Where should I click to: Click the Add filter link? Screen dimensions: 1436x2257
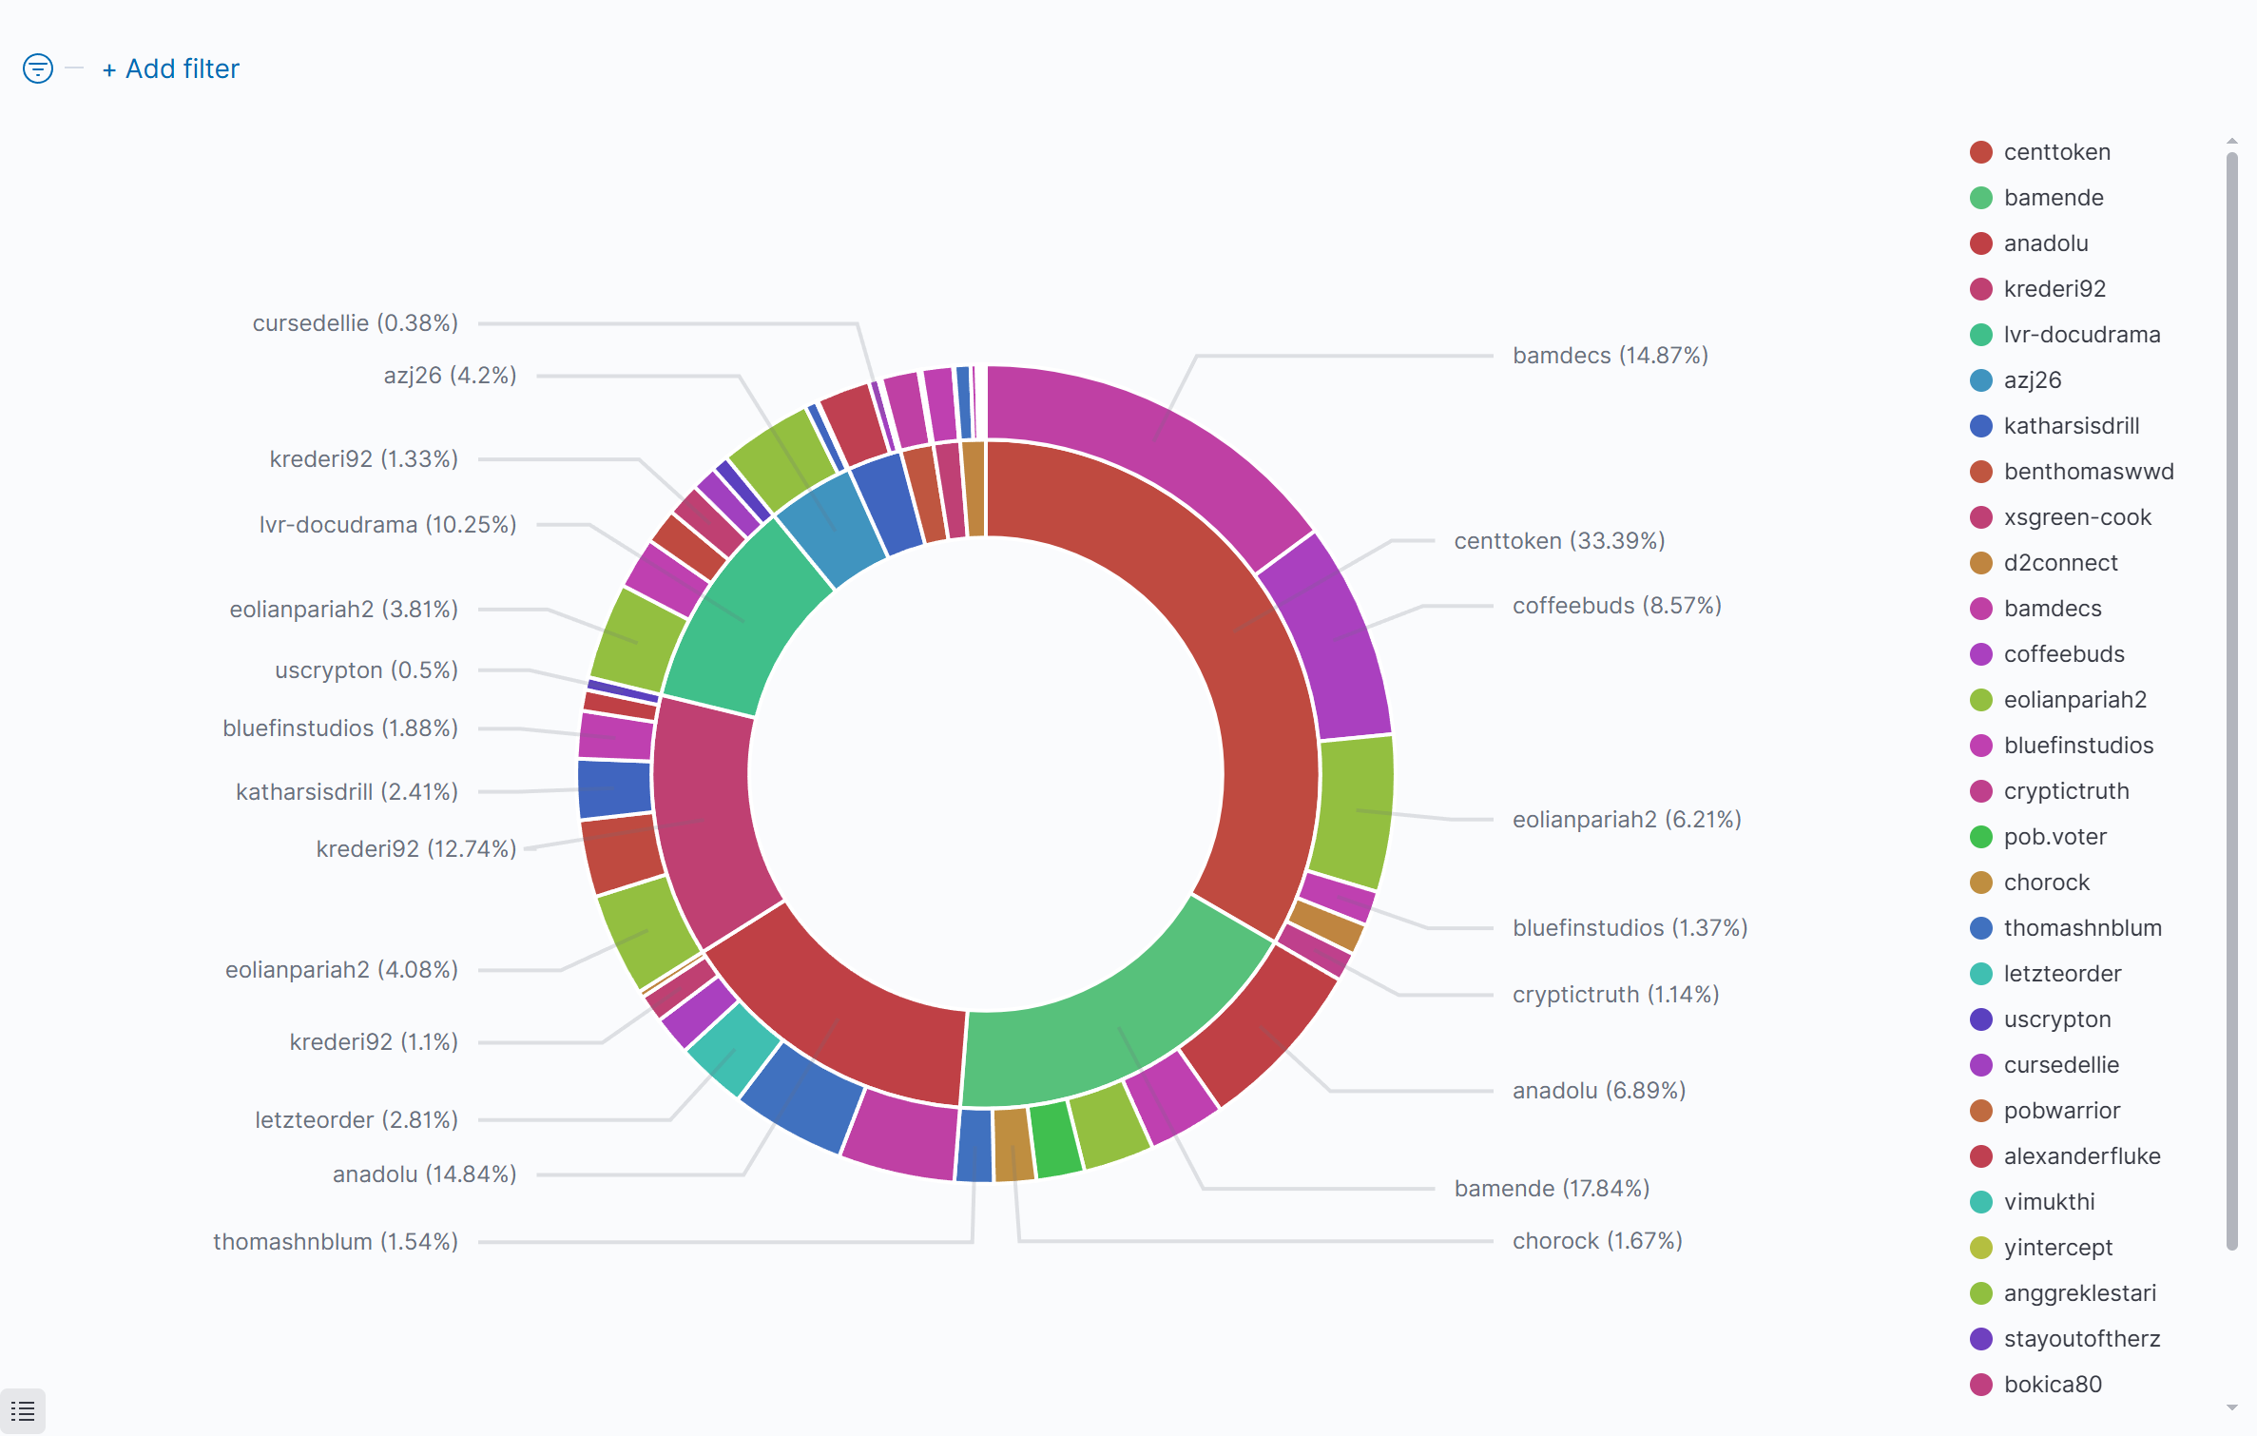[x=171, y=69]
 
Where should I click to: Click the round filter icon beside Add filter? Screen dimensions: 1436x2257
[x=38, y=68]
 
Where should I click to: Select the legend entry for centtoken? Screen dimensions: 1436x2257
[x=2055, y=152]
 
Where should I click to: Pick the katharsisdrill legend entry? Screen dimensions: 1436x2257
[x=2071, y=426]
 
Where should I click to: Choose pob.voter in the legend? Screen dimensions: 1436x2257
[x=2054, y=837]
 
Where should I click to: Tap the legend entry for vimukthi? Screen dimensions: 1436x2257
[x=2049, y=1202]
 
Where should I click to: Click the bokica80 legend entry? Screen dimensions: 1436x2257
[x=2052, y=1385]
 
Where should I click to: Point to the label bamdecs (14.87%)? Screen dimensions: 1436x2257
[x=1610, y=356]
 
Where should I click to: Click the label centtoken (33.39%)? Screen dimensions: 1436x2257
[x=1559, y=541]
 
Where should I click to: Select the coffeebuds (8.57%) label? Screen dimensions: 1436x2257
[x=1616, y=606]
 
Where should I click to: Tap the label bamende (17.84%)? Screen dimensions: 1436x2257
[x=1552, y=1189]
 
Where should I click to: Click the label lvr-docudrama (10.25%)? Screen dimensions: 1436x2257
[x=388, y=525]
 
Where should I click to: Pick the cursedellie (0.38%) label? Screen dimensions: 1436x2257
[x=355, y=323]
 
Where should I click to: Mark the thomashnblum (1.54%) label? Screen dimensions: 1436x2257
[x=335, y=1242]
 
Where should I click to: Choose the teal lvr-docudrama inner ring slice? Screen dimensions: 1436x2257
[x=751, y=618]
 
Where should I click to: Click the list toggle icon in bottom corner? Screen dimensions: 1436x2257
[x=23, y=1411]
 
